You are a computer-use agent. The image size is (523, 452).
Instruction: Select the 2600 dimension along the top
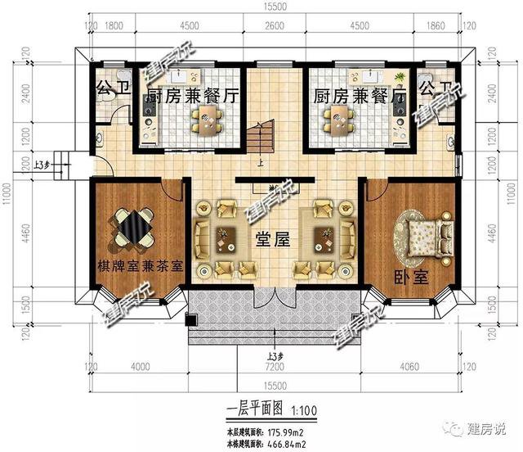tap(275, 25)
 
